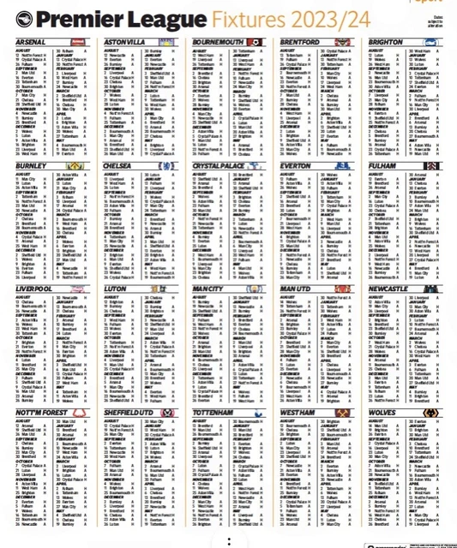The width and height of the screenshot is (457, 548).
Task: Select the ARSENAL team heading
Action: [32, 41]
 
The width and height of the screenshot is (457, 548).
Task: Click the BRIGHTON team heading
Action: [389, 41]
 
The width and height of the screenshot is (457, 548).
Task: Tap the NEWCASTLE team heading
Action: [392, 289]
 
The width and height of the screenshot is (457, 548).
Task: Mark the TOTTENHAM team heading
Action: [214, 413]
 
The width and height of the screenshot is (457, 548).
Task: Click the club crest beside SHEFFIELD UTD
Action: [166, 413]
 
